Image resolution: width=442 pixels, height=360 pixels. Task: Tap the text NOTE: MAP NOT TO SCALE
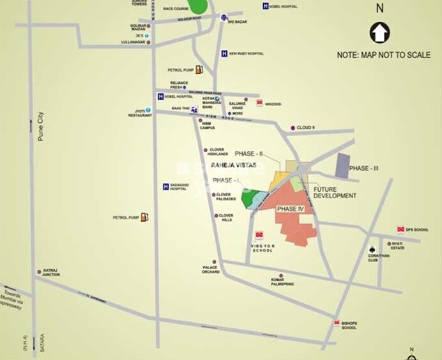click(383, 55)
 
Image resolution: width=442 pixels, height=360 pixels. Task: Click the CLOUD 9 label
click(305, 128)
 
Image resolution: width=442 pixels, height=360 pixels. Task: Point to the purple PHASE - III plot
click(343, 166)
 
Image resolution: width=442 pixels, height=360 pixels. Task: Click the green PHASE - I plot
click(250, 198)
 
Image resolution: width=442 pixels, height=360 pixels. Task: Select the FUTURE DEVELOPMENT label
click(334, 192)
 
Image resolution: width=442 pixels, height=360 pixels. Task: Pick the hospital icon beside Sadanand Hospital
click(165, 187)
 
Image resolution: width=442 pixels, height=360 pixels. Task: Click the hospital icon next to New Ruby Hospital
click(224, 54)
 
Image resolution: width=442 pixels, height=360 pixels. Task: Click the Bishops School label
click(349, 325)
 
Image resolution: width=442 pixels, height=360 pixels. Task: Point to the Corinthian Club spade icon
click(372, 249)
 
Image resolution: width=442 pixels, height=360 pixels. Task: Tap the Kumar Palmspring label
click(282, 281)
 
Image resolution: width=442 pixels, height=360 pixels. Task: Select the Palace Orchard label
click(211, 269)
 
